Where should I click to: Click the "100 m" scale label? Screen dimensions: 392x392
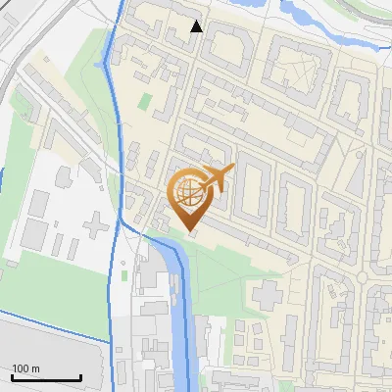pos(26,367)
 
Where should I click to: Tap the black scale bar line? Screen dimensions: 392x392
pos(46,377)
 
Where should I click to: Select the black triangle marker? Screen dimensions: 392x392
pos(197,26)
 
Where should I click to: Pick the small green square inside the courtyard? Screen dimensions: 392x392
pos(146,101)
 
